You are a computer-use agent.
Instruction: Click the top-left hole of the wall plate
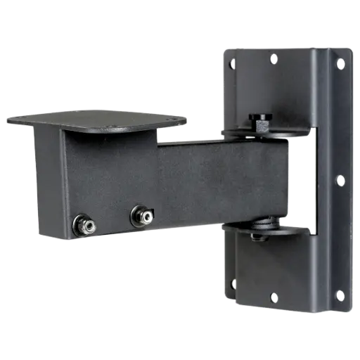point(233,62)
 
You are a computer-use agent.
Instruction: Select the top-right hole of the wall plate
point(340,63)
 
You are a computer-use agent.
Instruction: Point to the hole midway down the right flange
point(340,180)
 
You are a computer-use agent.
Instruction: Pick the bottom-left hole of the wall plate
point(233,283)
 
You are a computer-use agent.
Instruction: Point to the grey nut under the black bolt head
point(261,127)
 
